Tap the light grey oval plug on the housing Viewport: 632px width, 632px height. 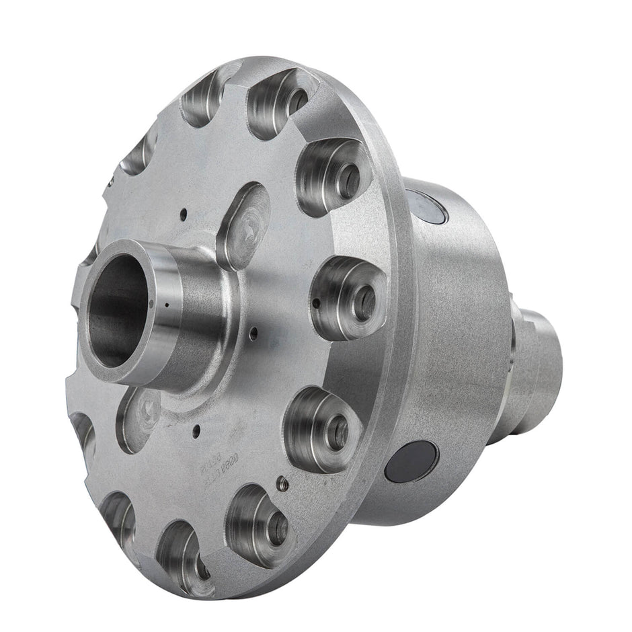tap(426, 205)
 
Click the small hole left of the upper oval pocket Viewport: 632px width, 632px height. tap(183, 214)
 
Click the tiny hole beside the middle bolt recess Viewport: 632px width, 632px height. tap(316, 303)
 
